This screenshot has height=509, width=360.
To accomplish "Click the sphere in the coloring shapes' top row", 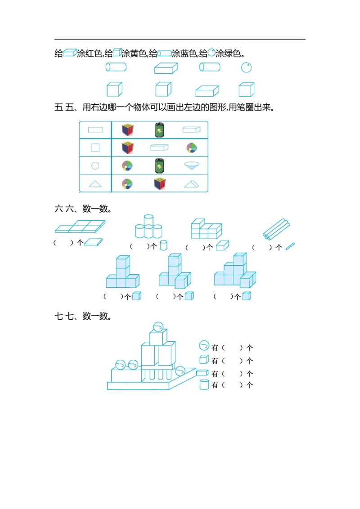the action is tap(246, 67).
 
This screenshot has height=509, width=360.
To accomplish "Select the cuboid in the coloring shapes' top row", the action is tap(166, 68).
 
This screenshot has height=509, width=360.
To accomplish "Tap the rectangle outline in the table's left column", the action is tap(95, 130).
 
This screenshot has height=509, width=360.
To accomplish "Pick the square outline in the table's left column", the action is tap(95, 147).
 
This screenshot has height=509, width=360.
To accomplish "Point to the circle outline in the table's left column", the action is tap(95, 166).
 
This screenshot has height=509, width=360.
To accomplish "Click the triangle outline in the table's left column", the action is tap(95, 184).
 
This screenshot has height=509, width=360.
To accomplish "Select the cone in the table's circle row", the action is tap(192, 165).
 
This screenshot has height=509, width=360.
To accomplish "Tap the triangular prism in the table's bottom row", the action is tap(192, 184).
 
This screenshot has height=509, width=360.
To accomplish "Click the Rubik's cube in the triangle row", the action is tap(160, 183).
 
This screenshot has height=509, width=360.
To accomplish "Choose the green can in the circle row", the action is tap(160, 165).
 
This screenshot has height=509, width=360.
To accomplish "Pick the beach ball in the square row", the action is tap(192, 147).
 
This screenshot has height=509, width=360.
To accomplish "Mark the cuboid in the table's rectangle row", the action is tap(192, 129).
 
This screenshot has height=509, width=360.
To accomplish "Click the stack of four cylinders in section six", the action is tap(148, 226).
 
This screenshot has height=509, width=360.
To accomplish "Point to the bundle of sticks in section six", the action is tap(276, 229).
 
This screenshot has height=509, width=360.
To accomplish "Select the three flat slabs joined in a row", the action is tap(80, 226).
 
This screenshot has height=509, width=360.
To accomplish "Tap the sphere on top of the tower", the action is tap(158, 326).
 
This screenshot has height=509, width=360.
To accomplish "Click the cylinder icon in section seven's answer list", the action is tap(204, 384).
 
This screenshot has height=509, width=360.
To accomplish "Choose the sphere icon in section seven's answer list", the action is tap(204, 345).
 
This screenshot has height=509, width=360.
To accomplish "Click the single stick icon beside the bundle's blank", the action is tap(290, 246).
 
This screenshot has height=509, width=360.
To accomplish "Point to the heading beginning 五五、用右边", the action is tap(165, 107).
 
